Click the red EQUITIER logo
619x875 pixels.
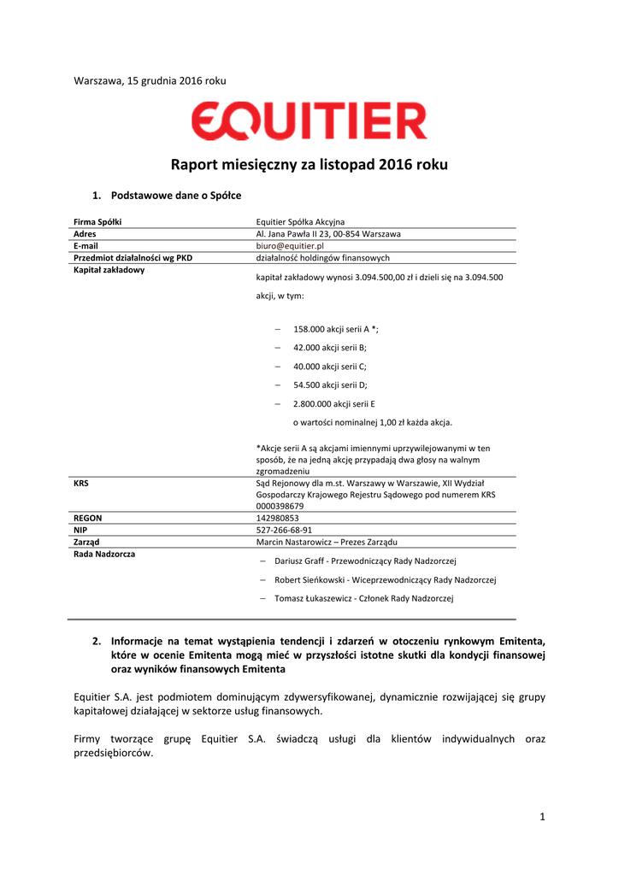point(309,122)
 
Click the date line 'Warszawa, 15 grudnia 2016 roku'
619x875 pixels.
point(150,80)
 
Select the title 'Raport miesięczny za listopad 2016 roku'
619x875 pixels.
point(309,165)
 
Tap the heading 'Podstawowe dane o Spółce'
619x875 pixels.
point(176,196)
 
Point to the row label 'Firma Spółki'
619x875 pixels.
point(97,222)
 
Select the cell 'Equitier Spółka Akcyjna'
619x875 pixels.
point(300,222)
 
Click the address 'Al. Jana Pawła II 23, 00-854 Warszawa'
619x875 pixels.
point(329,234)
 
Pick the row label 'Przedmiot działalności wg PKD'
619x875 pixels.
point(133,257)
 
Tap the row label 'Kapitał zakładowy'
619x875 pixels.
point(109,270)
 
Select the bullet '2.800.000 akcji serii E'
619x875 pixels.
point(333,403)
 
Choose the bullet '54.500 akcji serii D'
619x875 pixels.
point(330,385)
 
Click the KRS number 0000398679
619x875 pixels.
point(280,506)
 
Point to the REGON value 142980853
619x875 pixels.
point(277,518)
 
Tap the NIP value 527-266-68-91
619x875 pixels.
point(284,530)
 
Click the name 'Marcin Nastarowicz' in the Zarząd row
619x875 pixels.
point(293,542)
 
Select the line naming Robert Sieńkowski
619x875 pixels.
point(385,579)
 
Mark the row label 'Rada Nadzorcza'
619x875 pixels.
point(104,554)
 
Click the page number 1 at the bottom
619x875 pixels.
point(542,817)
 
